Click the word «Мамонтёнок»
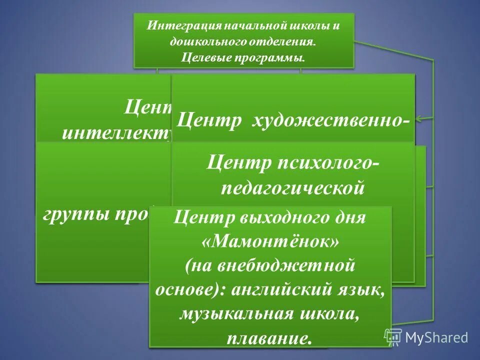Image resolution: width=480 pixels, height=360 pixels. [270, 242]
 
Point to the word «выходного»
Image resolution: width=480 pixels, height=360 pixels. [284, 218]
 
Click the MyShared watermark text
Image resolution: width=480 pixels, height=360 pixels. [436, 337]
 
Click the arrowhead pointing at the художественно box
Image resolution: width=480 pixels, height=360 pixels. [419, 119]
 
